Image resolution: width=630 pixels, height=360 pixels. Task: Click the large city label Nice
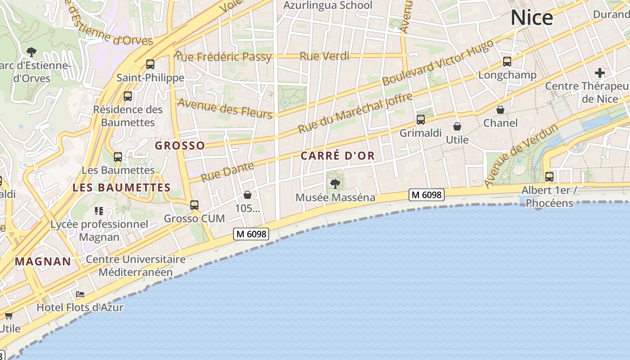tap(531, 18)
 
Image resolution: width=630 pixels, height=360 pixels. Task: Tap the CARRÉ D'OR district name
tap(337, 156)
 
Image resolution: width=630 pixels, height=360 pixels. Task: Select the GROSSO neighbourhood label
tap(180, 145)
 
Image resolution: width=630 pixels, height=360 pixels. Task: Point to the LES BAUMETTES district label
tap(121, 188)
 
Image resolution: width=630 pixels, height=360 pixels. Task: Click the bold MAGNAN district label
tap(43, 261)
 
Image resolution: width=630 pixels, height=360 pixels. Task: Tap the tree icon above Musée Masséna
tap(335, 184)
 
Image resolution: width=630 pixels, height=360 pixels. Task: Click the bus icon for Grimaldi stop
tap(421, 120)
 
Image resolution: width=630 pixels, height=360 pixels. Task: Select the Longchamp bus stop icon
tap(507, 62)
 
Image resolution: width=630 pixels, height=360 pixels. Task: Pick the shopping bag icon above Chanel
tap(500, 110)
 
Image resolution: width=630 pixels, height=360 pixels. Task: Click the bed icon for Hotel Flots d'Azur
tap(80, 294)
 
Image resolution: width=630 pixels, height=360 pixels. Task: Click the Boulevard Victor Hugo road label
tap(437, 63)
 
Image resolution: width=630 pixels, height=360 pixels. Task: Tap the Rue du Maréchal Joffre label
tap(355, 113)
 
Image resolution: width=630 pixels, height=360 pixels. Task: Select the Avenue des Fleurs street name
tap(225, 108)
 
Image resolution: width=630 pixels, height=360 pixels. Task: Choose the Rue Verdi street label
tap(324, 56)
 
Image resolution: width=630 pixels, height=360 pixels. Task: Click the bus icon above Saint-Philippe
tap(150, 64)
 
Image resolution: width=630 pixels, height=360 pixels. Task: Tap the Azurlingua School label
tap(328, 5)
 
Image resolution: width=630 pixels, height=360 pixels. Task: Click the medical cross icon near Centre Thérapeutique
tap(600, 72)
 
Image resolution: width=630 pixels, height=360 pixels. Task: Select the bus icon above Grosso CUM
tap(194, 205)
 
